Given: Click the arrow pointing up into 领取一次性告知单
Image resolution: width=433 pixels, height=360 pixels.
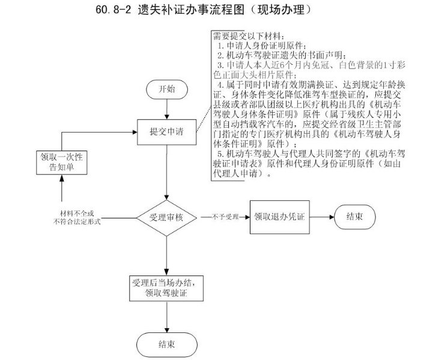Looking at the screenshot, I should tap(61, 189).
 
